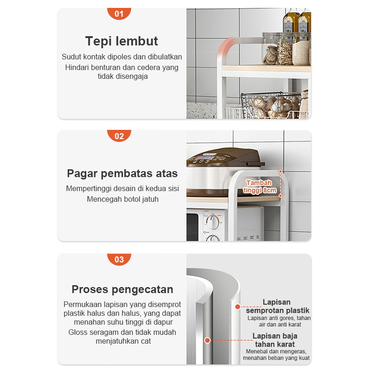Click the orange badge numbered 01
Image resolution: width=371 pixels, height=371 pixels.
pyautogui.click(x=119, y=13)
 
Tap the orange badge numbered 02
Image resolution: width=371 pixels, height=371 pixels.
pyautogui.click(x=119, y=135)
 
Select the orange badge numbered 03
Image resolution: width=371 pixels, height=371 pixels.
pyautogui.click(x=119, y=259)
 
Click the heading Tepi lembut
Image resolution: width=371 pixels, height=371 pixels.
pyautogui.click(x=122, y=41)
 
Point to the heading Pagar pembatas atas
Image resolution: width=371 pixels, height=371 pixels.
pyautogui.click(x=122, y=173)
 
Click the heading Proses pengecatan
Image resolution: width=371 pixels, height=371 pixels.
pyautogui.click(x=122, y=289)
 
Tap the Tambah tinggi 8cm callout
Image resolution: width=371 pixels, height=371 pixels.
pyautogui.click(x=260, y=186)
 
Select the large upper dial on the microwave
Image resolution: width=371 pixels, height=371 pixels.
pyautogui.click(x=213, y=223)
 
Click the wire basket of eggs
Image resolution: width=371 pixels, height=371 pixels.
pyautogui.click(x=271, y=105)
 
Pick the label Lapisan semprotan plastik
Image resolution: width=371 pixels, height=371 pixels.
pyautogui.click(x=277, y=306)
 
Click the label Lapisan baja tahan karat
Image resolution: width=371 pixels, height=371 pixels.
pyautogui.click(x=275, y=340)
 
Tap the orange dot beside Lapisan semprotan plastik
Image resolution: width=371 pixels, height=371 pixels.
pyautogui.click(x=238, y=307)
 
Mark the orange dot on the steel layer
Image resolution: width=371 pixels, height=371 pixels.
pyautogui.click(x=207, y=340)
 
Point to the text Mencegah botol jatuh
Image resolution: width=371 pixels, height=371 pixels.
pyautogui.click(x=122, y=199)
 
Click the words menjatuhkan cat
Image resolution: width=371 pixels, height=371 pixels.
pyautogui.click(x=123, y=341)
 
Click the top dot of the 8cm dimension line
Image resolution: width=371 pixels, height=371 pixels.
pyautogui.click(x=281, y=171)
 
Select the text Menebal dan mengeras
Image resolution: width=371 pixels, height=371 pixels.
pyautogui.click(x=276, y=352)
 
